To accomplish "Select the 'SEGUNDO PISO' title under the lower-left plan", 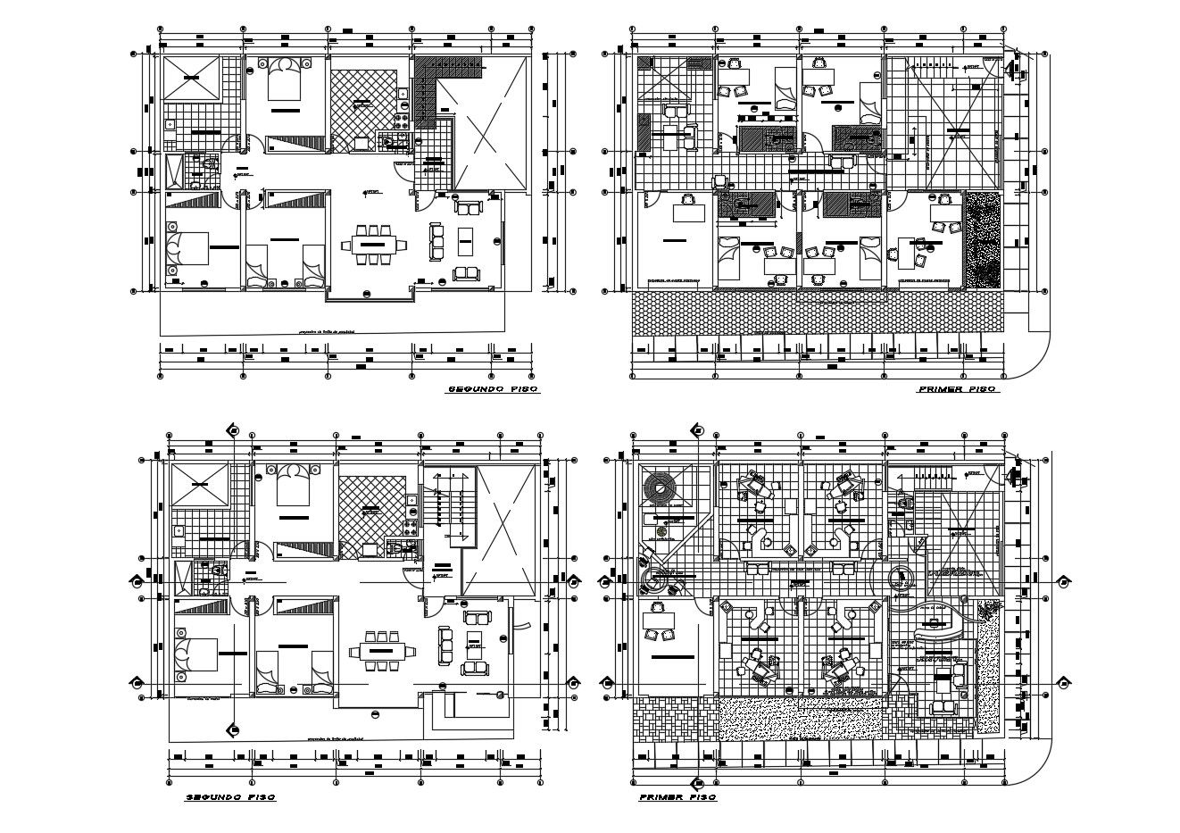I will pos(229,796).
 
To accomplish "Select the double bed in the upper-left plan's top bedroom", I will pos(285,80).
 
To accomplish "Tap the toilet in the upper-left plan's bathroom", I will pos(208,165).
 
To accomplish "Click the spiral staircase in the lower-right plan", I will pos(662,487).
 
